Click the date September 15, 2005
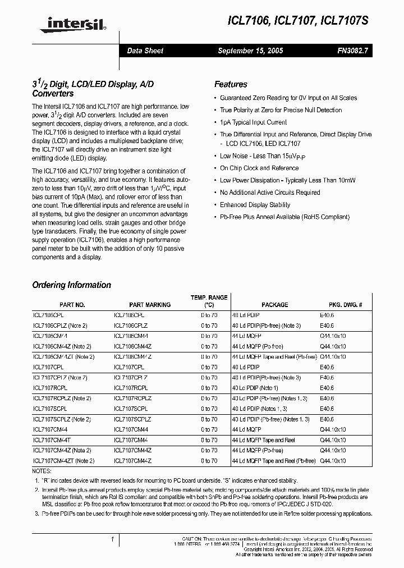point(250,51)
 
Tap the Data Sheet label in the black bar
point(145,51)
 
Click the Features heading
point(231,84)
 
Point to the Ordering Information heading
point(71,285)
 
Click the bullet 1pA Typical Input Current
point(253,122)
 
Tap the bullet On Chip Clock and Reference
point(259,168)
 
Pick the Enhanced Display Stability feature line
point(255,205)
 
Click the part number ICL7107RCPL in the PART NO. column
point(50,388)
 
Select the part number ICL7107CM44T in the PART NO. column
point(52,440)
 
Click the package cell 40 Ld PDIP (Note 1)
point(255,388)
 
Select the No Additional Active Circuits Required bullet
point(270,193)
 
